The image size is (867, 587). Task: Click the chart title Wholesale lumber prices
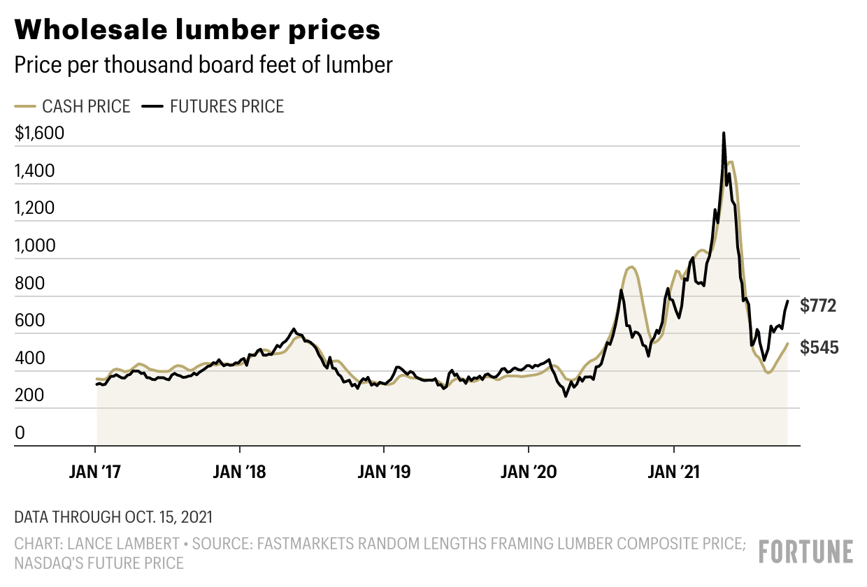coord(198,30)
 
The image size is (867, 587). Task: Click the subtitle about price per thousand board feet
coord(203,65)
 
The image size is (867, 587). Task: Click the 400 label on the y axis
coord(30,358)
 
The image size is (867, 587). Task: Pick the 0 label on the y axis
coord(20,433)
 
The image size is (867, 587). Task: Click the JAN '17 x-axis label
coord(96,472)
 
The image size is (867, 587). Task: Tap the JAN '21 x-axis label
coord(673,472)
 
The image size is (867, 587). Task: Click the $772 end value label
coord(819,305)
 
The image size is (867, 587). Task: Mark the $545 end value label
coord(819,347)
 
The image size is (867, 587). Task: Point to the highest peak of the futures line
coord(724,133)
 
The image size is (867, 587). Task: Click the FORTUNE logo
coord(806,552)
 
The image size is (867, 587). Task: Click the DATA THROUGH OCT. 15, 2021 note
coord(113,518)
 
